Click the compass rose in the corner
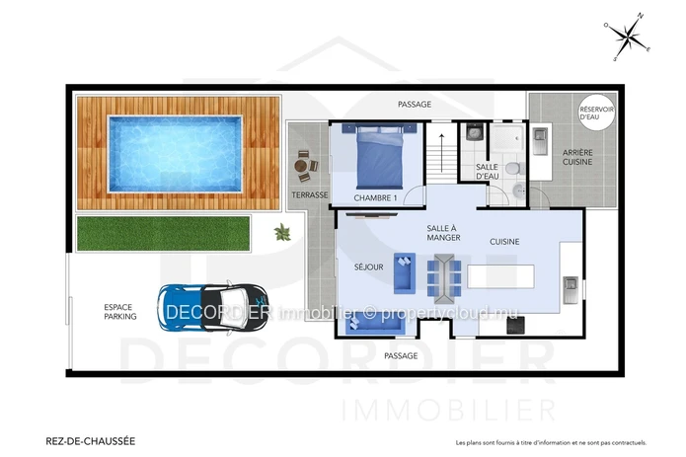(628, 37)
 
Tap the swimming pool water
(175, 154)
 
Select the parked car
(213, 308)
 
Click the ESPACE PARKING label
(120, 312)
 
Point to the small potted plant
(282, 232)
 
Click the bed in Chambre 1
(379, 156)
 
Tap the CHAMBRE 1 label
(375, 198)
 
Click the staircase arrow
(442, 153)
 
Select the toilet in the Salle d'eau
(512, 168)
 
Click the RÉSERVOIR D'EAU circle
(596, 113)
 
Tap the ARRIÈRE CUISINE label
(577, 157)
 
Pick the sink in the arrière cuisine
(540, 141)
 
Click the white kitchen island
(501, 276)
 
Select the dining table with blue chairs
(444, 278)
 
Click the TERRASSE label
(310, 195)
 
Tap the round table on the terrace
(301, 166)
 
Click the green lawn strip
(163, 234)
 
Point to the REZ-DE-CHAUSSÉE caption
(91, 441)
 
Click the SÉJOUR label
(369, 267)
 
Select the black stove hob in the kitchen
(516, 325)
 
